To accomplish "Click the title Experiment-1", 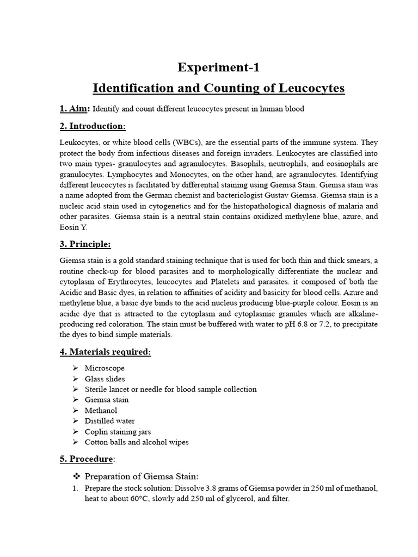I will (219, 67).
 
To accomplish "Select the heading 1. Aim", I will (74, 108).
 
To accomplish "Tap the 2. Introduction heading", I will (93, 126).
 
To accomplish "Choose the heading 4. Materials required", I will (105, 352).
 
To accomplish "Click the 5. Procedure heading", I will (87, 459).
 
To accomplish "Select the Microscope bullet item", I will (104, 368).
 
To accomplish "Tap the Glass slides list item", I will (104, 379).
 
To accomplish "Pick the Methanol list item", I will (101, 410).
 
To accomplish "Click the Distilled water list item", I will (109, 421).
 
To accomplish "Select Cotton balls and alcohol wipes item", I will (137, 442).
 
